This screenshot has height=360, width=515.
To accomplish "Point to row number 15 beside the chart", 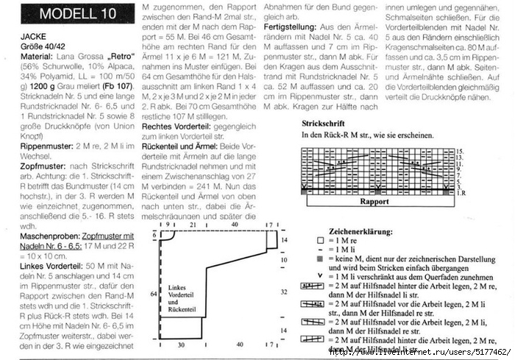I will pyautogui.click(x=458, y=150).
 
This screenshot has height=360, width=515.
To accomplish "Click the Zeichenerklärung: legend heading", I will pyautogui.click(x=350, y=230).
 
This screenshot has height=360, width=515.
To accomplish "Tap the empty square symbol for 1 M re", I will pyautogui.click(x=319, y=241).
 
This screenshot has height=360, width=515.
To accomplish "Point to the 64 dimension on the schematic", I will pyautogui.click(x=154, y=293).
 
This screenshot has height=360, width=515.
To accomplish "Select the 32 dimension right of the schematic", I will pyautogui.click(x=284, y=292).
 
